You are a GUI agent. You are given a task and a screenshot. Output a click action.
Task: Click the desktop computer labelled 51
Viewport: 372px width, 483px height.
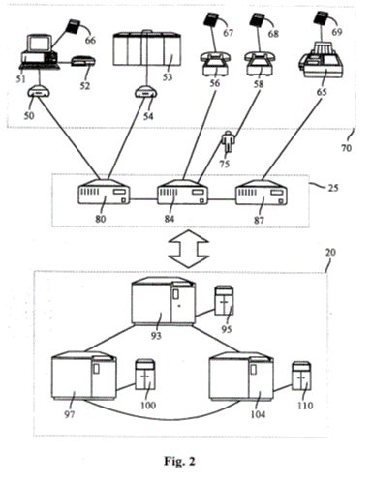click(x=40, y=52)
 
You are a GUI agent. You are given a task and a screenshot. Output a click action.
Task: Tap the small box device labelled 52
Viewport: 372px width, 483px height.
click(x=83, y=61)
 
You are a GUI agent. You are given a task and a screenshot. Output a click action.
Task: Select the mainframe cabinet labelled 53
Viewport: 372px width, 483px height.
click(x=147, y=48)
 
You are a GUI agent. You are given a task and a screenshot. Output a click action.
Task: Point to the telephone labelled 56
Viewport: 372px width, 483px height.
click(x=215, y=64)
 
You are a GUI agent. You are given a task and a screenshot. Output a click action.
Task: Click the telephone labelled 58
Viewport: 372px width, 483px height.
click(x=260, y=64)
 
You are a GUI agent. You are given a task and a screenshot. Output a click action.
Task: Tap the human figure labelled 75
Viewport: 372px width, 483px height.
click(x=229, y=142)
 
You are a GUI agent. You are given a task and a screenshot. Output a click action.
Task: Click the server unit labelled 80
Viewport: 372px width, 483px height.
click(x=104, y=193)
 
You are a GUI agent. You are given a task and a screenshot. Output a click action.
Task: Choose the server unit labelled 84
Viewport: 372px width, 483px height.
click(x=183, y=193)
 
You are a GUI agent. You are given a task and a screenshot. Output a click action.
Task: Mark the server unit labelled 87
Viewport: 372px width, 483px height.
click(x=262, y=193)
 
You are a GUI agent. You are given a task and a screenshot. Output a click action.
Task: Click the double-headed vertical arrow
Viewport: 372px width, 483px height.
click(x=189, y=249)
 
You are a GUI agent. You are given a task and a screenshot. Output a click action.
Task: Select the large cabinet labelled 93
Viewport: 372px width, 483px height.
click(x=164, y=301)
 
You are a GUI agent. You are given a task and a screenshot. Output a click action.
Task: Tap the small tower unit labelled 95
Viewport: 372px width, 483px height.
click(x=225, y=300)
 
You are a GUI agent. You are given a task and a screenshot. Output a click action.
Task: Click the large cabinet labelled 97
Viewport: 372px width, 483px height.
click(x=84, y=376)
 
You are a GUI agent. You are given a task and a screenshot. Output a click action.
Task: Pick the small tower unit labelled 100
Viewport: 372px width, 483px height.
click(x=145, y=375)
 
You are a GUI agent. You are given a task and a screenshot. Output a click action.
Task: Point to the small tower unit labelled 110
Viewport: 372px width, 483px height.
click(x=301, y=377)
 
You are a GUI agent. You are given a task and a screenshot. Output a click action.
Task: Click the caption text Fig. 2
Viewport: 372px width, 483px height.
click(x=180, y=461)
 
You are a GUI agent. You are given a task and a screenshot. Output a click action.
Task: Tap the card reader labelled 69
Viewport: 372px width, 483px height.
click(x=321, y=17)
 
